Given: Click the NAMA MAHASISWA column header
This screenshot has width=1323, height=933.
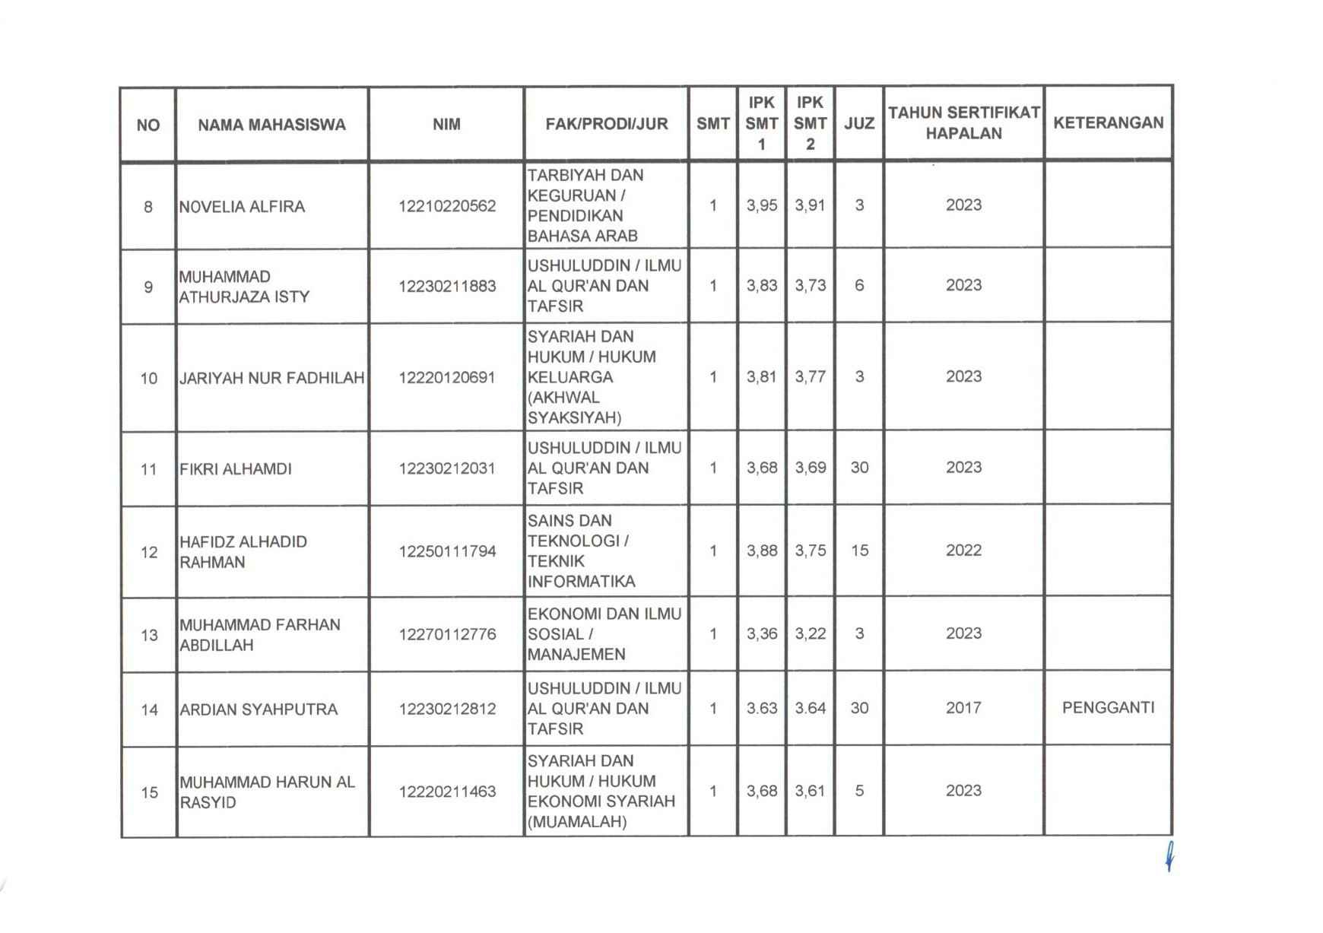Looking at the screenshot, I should click(271, 125).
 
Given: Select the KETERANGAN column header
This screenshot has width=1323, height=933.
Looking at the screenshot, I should click(1108, 122).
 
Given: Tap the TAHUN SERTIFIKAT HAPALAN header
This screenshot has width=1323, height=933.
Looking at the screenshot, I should click(963, 122).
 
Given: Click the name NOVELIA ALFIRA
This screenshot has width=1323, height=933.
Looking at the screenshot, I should click(242, 206).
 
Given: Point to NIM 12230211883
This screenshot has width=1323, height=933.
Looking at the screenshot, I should click(447, 286).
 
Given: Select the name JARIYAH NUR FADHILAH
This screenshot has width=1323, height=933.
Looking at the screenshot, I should click(271, 377).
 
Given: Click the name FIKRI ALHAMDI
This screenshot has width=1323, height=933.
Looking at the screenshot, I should click(236, 468).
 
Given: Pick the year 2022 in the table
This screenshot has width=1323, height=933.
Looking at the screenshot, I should click(963, 550).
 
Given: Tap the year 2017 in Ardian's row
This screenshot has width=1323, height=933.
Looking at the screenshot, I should click(963, 707).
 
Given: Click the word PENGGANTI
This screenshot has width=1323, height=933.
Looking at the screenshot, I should click(1108, 707).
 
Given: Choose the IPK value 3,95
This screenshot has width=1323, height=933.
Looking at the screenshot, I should click(762, 205).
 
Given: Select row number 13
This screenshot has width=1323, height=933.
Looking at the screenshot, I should click(149, 634).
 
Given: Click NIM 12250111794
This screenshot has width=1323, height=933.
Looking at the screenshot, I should click(447, 551).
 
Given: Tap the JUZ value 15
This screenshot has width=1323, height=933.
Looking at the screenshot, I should click(859, 550).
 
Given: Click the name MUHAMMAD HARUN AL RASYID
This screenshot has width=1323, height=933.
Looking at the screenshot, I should click(267, 792).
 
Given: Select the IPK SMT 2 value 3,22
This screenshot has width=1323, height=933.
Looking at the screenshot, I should click(811, 633).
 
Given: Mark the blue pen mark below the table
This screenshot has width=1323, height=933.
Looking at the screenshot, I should click(1169, 857).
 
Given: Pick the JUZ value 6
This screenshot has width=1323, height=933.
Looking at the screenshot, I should click(859, 285).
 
